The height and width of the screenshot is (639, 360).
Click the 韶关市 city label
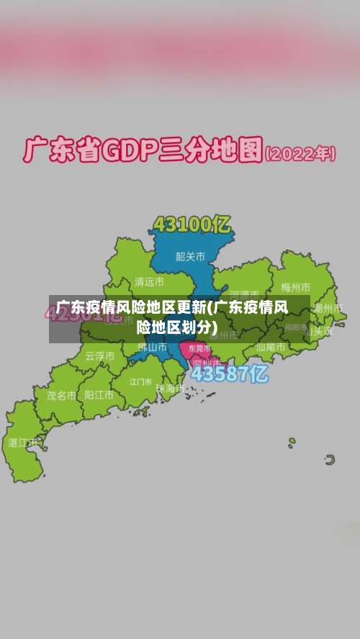[191, 255]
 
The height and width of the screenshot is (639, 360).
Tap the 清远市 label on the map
[149, 281]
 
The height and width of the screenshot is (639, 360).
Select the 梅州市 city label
[295, 288]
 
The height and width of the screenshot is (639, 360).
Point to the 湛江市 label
[23, 443]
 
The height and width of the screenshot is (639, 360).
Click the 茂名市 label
[61, 395]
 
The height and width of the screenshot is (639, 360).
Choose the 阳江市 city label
[99, 395]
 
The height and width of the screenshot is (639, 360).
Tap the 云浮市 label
[99, 355]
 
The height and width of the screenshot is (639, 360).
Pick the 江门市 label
[141, 381]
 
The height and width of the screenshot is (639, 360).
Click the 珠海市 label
[170, 389]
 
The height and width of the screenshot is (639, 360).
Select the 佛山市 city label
[152, 347]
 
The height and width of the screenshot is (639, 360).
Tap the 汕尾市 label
[270, 347]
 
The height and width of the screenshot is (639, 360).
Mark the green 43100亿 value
[192, 225]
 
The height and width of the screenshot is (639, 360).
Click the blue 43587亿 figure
[229, 374]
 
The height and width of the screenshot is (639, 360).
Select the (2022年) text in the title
[300, 153]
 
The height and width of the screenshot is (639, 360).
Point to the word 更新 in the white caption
[192, 308]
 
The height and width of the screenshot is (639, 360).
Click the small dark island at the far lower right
[330, 459]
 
